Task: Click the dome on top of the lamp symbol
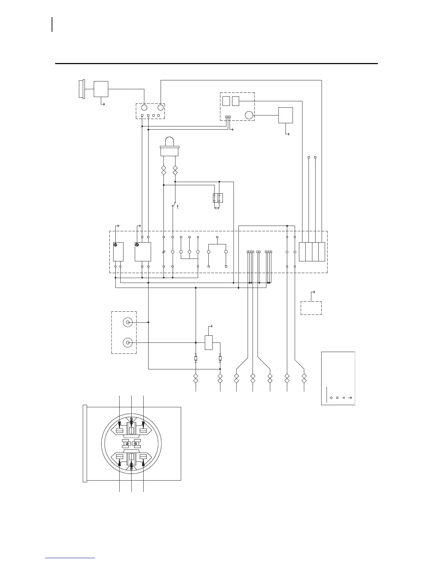point(169,142)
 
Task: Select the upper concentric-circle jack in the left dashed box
point(127,322)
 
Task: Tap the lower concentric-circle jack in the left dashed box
point(127,343)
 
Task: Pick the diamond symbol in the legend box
point(331,398)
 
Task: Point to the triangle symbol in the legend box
point(343,398)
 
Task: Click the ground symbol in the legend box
point(350,398)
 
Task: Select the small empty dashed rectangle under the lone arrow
point(311,308)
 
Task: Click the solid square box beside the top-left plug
point(101,89)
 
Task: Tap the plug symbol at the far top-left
point(81,89)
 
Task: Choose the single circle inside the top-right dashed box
point(249,115)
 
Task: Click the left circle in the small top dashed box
point(144,107)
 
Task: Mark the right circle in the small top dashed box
point(161,107)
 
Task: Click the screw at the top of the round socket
point(132,419)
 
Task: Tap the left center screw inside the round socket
point(127,443)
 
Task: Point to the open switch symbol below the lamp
point(175,205)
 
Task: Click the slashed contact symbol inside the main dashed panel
point(163,252)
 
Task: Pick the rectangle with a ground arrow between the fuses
point(209,342)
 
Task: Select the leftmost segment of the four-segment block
point(302,252)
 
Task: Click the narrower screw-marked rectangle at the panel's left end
point(118,251)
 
